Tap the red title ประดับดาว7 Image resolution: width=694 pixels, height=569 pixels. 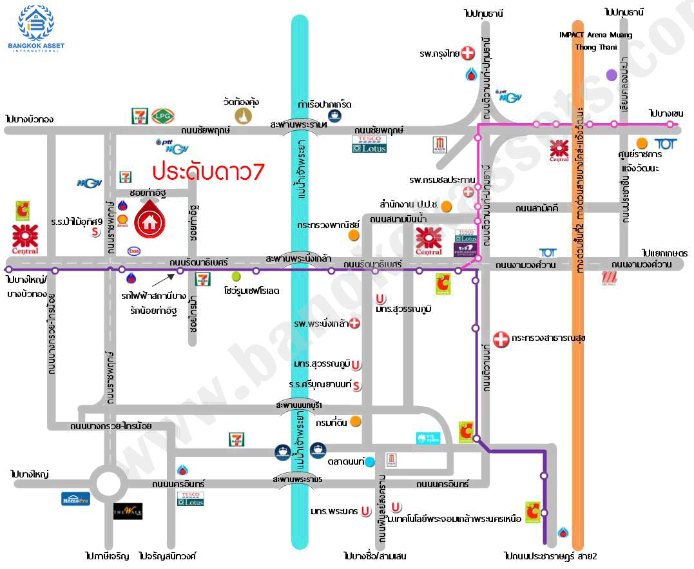(x=207, y=172)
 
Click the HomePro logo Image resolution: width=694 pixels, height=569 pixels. (x=75, y=498)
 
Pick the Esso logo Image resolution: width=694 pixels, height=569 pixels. (x=135, y=251)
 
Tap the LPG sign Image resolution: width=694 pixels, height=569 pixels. (x=160, y=116)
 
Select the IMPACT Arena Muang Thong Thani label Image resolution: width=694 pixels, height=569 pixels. (x=596, y=41)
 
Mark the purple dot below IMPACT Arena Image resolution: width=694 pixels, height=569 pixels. (x=612, y=75)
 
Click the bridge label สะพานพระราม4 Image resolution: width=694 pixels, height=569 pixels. (x=299, y=124)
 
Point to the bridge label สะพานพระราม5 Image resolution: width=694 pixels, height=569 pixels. (x=297, y=480)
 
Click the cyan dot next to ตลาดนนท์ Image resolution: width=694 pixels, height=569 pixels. (x=369, y=461)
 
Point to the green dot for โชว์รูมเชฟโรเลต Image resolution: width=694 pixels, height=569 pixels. (x=236, y=276)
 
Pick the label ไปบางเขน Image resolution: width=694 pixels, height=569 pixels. (x=666, y=113)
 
